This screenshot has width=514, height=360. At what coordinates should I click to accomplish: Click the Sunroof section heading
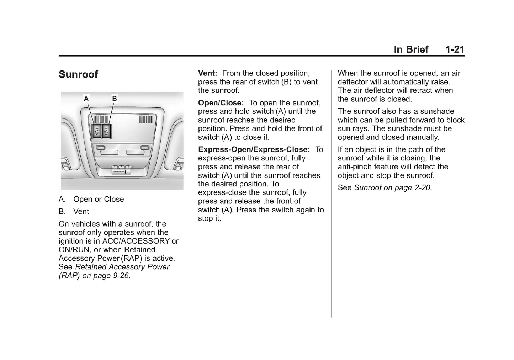[78, 74]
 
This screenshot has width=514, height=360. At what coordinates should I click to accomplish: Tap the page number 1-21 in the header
[455, 49]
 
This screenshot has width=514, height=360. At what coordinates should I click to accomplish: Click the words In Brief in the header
[411, 49]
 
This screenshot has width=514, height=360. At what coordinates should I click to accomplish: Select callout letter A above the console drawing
[86, 99]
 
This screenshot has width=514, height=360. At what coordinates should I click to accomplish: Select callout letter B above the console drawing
[115, 98]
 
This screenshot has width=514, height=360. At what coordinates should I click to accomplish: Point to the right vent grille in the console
[145, 120]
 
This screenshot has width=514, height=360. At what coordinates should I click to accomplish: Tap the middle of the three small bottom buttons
[121, 166]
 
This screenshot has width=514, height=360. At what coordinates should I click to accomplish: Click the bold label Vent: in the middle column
[207, 73]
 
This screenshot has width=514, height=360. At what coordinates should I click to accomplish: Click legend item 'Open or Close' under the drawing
[99, 199]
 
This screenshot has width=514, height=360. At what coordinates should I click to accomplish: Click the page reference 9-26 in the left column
[121, 276]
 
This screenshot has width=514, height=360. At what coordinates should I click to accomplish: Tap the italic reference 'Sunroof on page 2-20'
[392, 187]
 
